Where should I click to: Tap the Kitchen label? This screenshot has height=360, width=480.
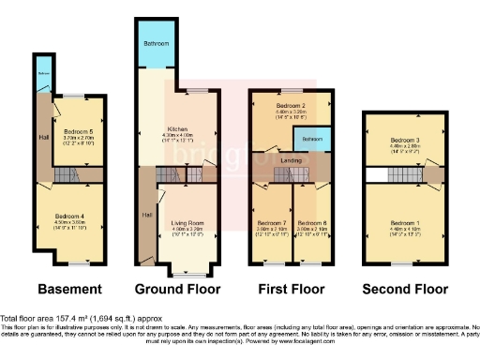tap(178, 129)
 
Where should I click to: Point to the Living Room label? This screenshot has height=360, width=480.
tap(187, 222)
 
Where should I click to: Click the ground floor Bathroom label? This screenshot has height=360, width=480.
tap(156, 44)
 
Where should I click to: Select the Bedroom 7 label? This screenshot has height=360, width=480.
tap(270, 222)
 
